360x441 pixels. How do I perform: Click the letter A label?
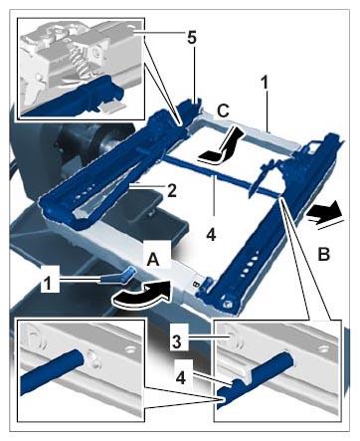(153, 259)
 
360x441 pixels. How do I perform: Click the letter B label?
(323, 255)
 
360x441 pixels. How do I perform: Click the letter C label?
(223, 110)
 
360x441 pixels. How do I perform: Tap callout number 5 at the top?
(192, 38)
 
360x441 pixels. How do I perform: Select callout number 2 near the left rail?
(171, 190)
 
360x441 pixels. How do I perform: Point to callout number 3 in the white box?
(177, 342)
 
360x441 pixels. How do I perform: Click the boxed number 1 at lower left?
(49, 284)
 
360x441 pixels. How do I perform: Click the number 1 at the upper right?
(265, 83)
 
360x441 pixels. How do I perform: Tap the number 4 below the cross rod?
(211, 235)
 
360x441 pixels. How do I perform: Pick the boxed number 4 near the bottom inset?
(181, 378)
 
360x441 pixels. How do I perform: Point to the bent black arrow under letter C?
(222, 146)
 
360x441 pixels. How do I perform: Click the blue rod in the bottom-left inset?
(53, 372)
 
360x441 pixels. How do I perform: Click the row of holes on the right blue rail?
(249, 264)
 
